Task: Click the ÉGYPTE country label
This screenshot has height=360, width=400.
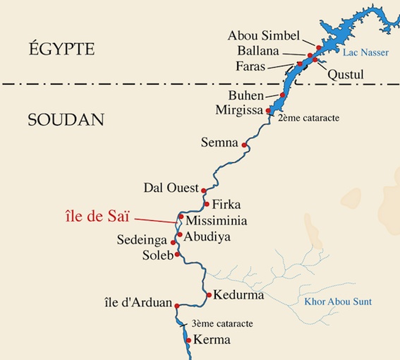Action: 61,49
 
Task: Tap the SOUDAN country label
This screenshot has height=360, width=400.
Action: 66,119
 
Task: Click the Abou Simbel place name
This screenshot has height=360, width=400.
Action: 265,35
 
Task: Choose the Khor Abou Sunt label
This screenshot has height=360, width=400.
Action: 338,302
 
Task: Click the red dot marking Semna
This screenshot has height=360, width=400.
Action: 245,145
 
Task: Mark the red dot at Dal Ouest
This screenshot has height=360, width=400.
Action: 203,190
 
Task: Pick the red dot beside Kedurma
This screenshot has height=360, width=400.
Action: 209,294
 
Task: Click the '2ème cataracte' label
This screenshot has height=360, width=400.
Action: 310,118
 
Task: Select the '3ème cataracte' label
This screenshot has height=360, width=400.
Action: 221,324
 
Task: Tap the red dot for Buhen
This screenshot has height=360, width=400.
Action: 283,95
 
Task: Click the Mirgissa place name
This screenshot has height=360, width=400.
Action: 241,111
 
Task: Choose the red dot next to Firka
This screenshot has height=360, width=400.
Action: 206,205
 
